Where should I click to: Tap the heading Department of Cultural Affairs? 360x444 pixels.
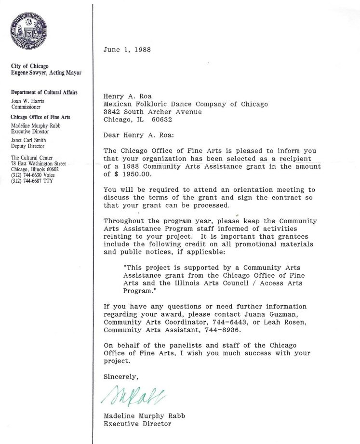click(x=44, y=93)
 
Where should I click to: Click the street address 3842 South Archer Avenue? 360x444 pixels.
click(x=153, y=112)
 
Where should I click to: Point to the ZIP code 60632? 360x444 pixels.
click(x=161, y=120)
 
